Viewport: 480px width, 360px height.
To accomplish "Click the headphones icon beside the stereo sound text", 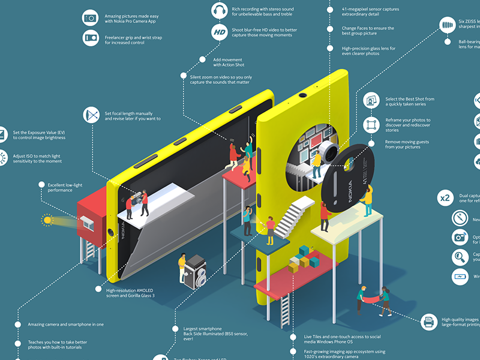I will [x=220, y=10].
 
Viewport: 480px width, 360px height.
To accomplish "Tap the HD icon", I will [x=220, y=31].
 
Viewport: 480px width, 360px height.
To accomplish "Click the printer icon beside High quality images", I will [x=429, y=322].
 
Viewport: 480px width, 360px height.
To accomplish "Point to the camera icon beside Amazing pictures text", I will [x=90, y=18].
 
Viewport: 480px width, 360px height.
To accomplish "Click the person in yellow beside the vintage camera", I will [x=182, y=268].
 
